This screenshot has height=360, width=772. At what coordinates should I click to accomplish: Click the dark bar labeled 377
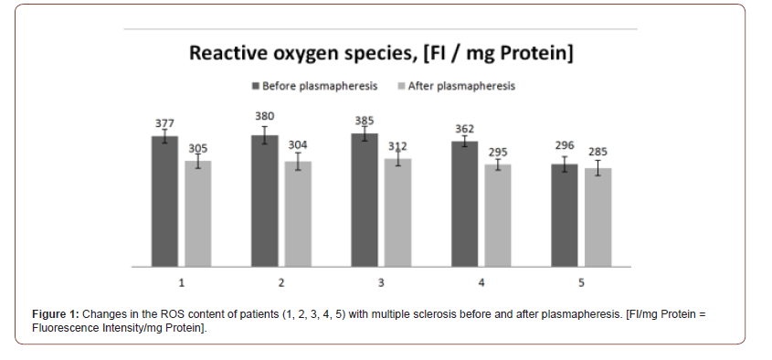coord(164,201)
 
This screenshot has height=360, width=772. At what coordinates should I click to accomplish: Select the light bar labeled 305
coord(198,214)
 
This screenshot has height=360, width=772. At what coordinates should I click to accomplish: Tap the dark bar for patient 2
coord(264,201)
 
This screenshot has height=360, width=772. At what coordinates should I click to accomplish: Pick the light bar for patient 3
coord(397,213)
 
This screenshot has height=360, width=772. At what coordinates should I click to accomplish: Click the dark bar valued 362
coord(464,204)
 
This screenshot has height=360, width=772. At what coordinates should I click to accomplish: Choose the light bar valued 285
coord(598,217)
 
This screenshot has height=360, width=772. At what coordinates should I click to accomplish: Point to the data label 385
coord(365,121)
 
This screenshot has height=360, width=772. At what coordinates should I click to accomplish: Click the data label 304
coord(298,144)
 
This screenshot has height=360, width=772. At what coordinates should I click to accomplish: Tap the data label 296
coord(565,145)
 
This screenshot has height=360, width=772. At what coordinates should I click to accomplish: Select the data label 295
coord(498,153)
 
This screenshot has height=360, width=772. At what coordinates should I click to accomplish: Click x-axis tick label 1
coord(181,283)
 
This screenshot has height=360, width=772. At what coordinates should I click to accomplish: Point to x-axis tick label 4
coord(481,283)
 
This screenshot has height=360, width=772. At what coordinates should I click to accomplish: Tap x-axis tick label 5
coord(581,283)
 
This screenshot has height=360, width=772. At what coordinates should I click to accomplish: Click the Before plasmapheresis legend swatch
coord(256,86)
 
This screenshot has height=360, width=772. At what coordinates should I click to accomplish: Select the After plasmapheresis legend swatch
coord(401,86)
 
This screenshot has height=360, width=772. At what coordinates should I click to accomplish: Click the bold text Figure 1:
coord(55,314)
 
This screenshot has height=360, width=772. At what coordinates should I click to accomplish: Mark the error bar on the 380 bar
coord(264,135)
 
